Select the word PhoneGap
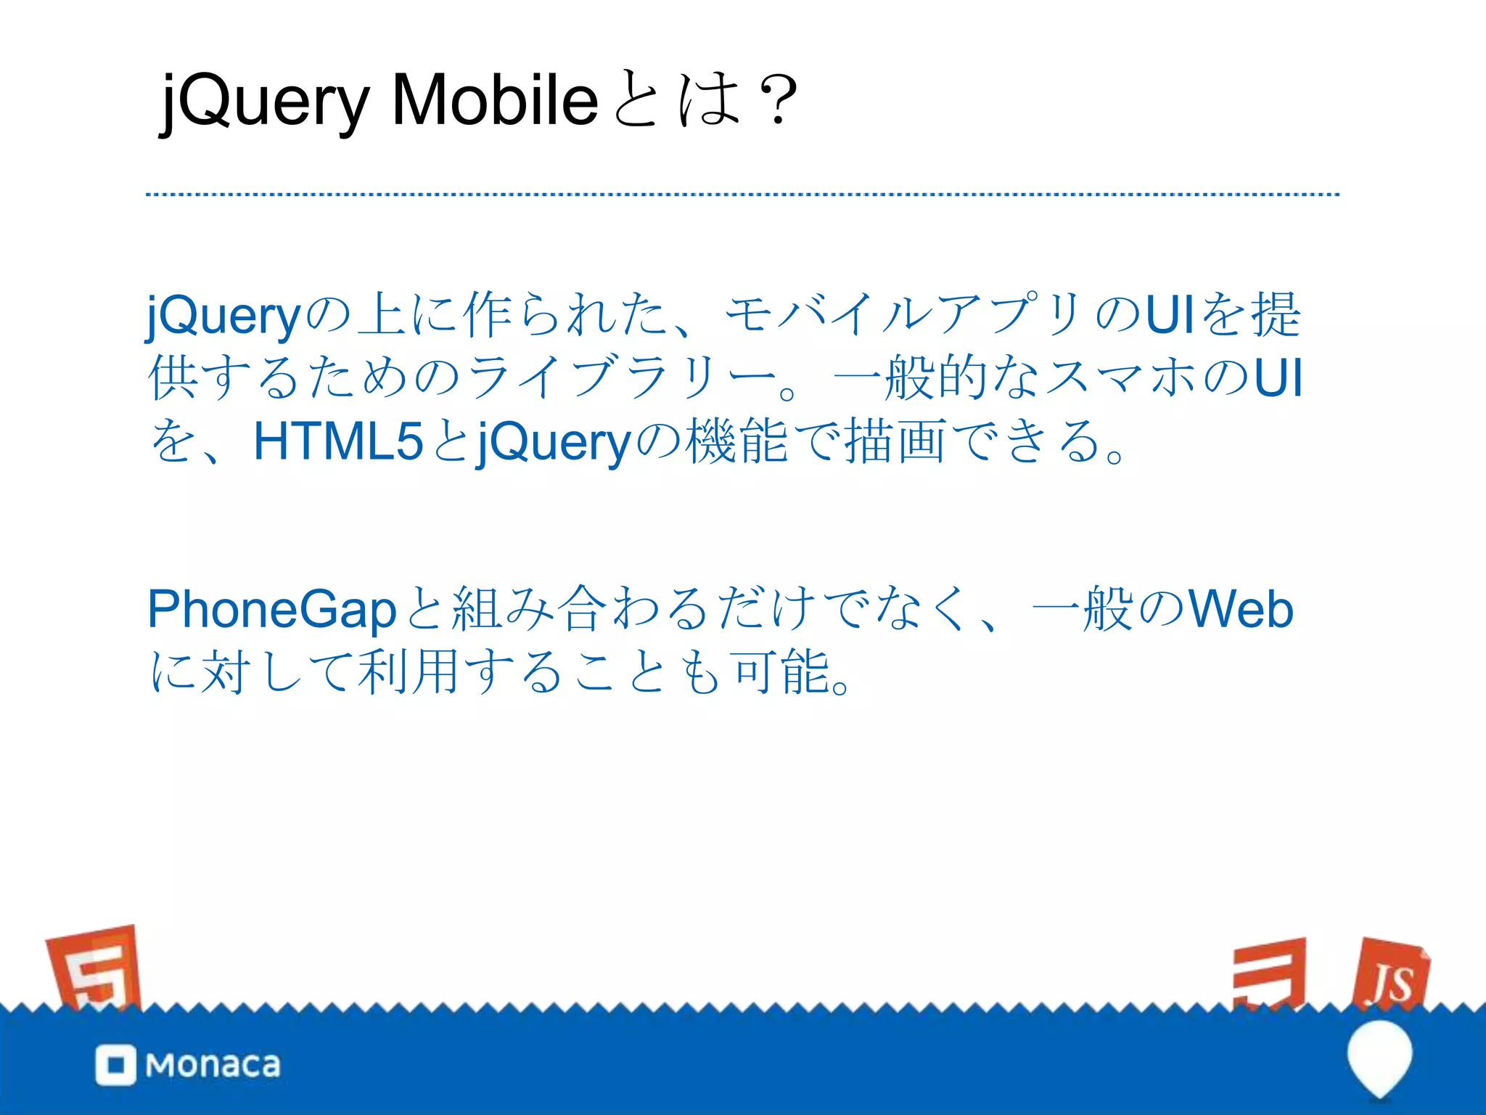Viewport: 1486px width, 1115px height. point(271,610)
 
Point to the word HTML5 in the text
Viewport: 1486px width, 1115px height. point(337,441)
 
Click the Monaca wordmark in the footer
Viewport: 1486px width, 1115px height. point(213,1065)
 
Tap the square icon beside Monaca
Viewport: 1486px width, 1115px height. point(115,1065)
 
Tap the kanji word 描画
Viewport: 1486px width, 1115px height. point(895,441)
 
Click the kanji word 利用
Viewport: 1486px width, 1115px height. point(409,671)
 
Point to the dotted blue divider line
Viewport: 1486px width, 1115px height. point(742,195)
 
